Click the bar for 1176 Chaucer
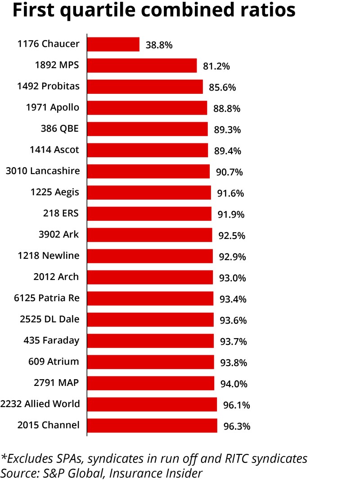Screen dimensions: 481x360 pyautogui.click(x=113, y=44)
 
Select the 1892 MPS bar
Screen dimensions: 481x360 pyautogui.click(x=142, y=65)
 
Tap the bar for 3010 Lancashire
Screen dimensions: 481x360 pyautogui.click(x=148, y=171)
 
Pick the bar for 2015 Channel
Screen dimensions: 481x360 pyautogui.click(x=152, y=426)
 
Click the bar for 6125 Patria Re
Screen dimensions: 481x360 pyautogui.click(x=150, y=298)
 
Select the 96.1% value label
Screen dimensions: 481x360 pyautogui.click(x=237, y=405)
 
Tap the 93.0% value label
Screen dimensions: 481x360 pyautogui.click(x=233, y=278)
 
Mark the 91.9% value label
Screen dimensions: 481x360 pyautogui.click(x=231, y=215)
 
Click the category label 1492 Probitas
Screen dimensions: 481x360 pyautogui.click(x=48, y=86)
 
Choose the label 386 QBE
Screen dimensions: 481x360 pyautogui.click(x=59, y=128)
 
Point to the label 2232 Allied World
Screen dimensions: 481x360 pyautogui.click(x=40, y=404)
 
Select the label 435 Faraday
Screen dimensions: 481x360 pyautogui.click(x=51, y=340)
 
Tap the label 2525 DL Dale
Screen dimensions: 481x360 pyautogui.click(x=49, y=319)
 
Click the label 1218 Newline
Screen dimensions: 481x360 pyautogui.click(x=49, y=256)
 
